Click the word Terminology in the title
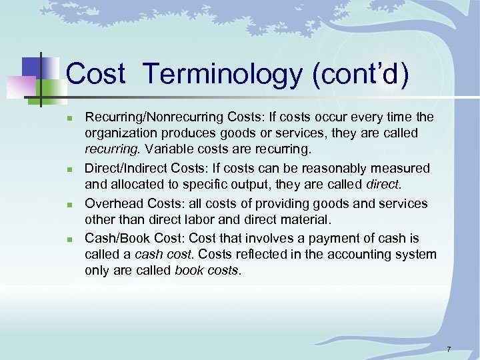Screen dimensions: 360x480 click(x=222, y=74)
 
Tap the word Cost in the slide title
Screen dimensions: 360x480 click(x=96, y=74)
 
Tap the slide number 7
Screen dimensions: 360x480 click(x=449, y=349)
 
